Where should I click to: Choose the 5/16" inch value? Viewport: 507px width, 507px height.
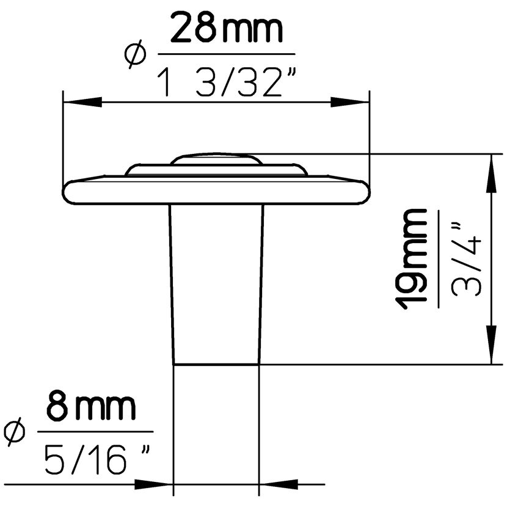[97, 459]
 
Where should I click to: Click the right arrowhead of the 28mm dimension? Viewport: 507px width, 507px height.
[349, 102]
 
